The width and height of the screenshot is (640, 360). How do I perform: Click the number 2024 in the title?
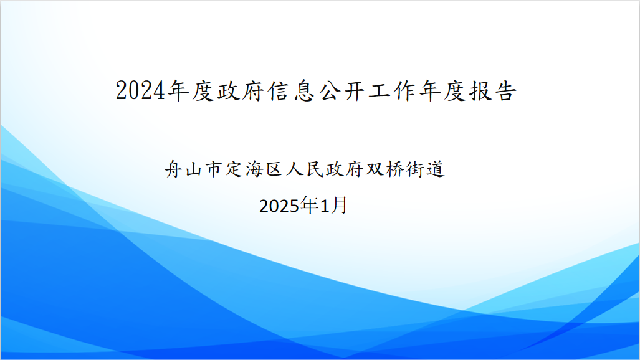click(x=140, y=90)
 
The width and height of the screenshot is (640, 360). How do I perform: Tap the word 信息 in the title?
click(x=292, y=90)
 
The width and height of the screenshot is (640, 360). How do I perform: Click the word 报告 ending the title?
click(x=494, y=90)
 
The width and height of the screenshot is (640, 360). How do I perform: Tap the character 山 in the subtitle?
click(x=193, y=169)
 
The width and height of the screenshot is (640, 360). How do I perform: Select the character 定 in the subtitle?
click(x=234, y=169)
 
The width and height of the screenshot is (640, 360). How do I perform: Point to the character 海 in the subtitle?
click(x=254, y=169)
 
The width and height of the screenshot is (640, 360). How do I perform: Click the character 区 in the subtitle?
click(x=274, y=169)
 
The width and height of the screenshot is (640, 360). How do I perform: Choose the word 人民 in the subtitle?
click(x=304, y=169)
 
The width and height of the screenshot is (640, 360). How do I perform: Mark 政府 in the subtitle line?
click(x=344, y=169)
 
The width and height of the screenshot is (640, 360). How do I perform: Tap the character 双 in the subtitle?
click(x=375, y=169)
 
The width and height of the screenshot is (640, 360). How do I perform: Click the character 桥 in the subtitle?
click(x=394, y=169)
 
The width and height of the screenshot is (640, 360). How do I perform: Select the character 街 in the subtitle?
click(x=414, y=169)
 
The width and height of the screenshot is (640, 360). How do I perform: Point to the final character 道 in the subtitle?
click(x=435, y=169)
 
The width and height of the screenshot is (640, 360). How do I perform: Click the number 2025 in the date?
click(x=279, y=206)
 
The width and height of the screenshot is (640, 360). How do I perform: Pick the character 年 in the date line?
click(x=309, y=205)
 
